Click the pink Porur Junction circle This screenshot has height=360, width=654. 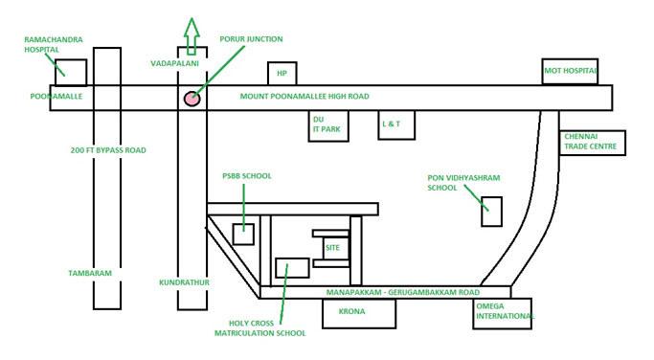[192, 98]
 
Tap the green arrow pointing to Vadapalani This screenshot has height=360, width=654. [192, 36]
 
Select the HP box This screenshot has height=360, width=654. [282, 73]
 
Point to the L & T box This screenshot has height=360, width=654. [392, 125]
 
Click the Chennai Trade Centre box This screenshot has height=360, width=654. [594, 143]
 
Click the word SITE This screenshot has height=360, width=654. [332, 247]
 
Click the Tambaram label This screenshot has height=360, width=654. [90, 274]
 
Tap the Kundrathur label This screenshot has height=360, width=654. [184, 282]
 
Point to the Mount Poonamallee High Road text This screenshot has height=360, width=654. [304, 97]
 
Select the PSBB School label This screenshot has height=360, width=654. [246, 176]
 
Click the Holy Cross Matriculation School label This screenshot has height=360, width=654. [261, 328]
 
